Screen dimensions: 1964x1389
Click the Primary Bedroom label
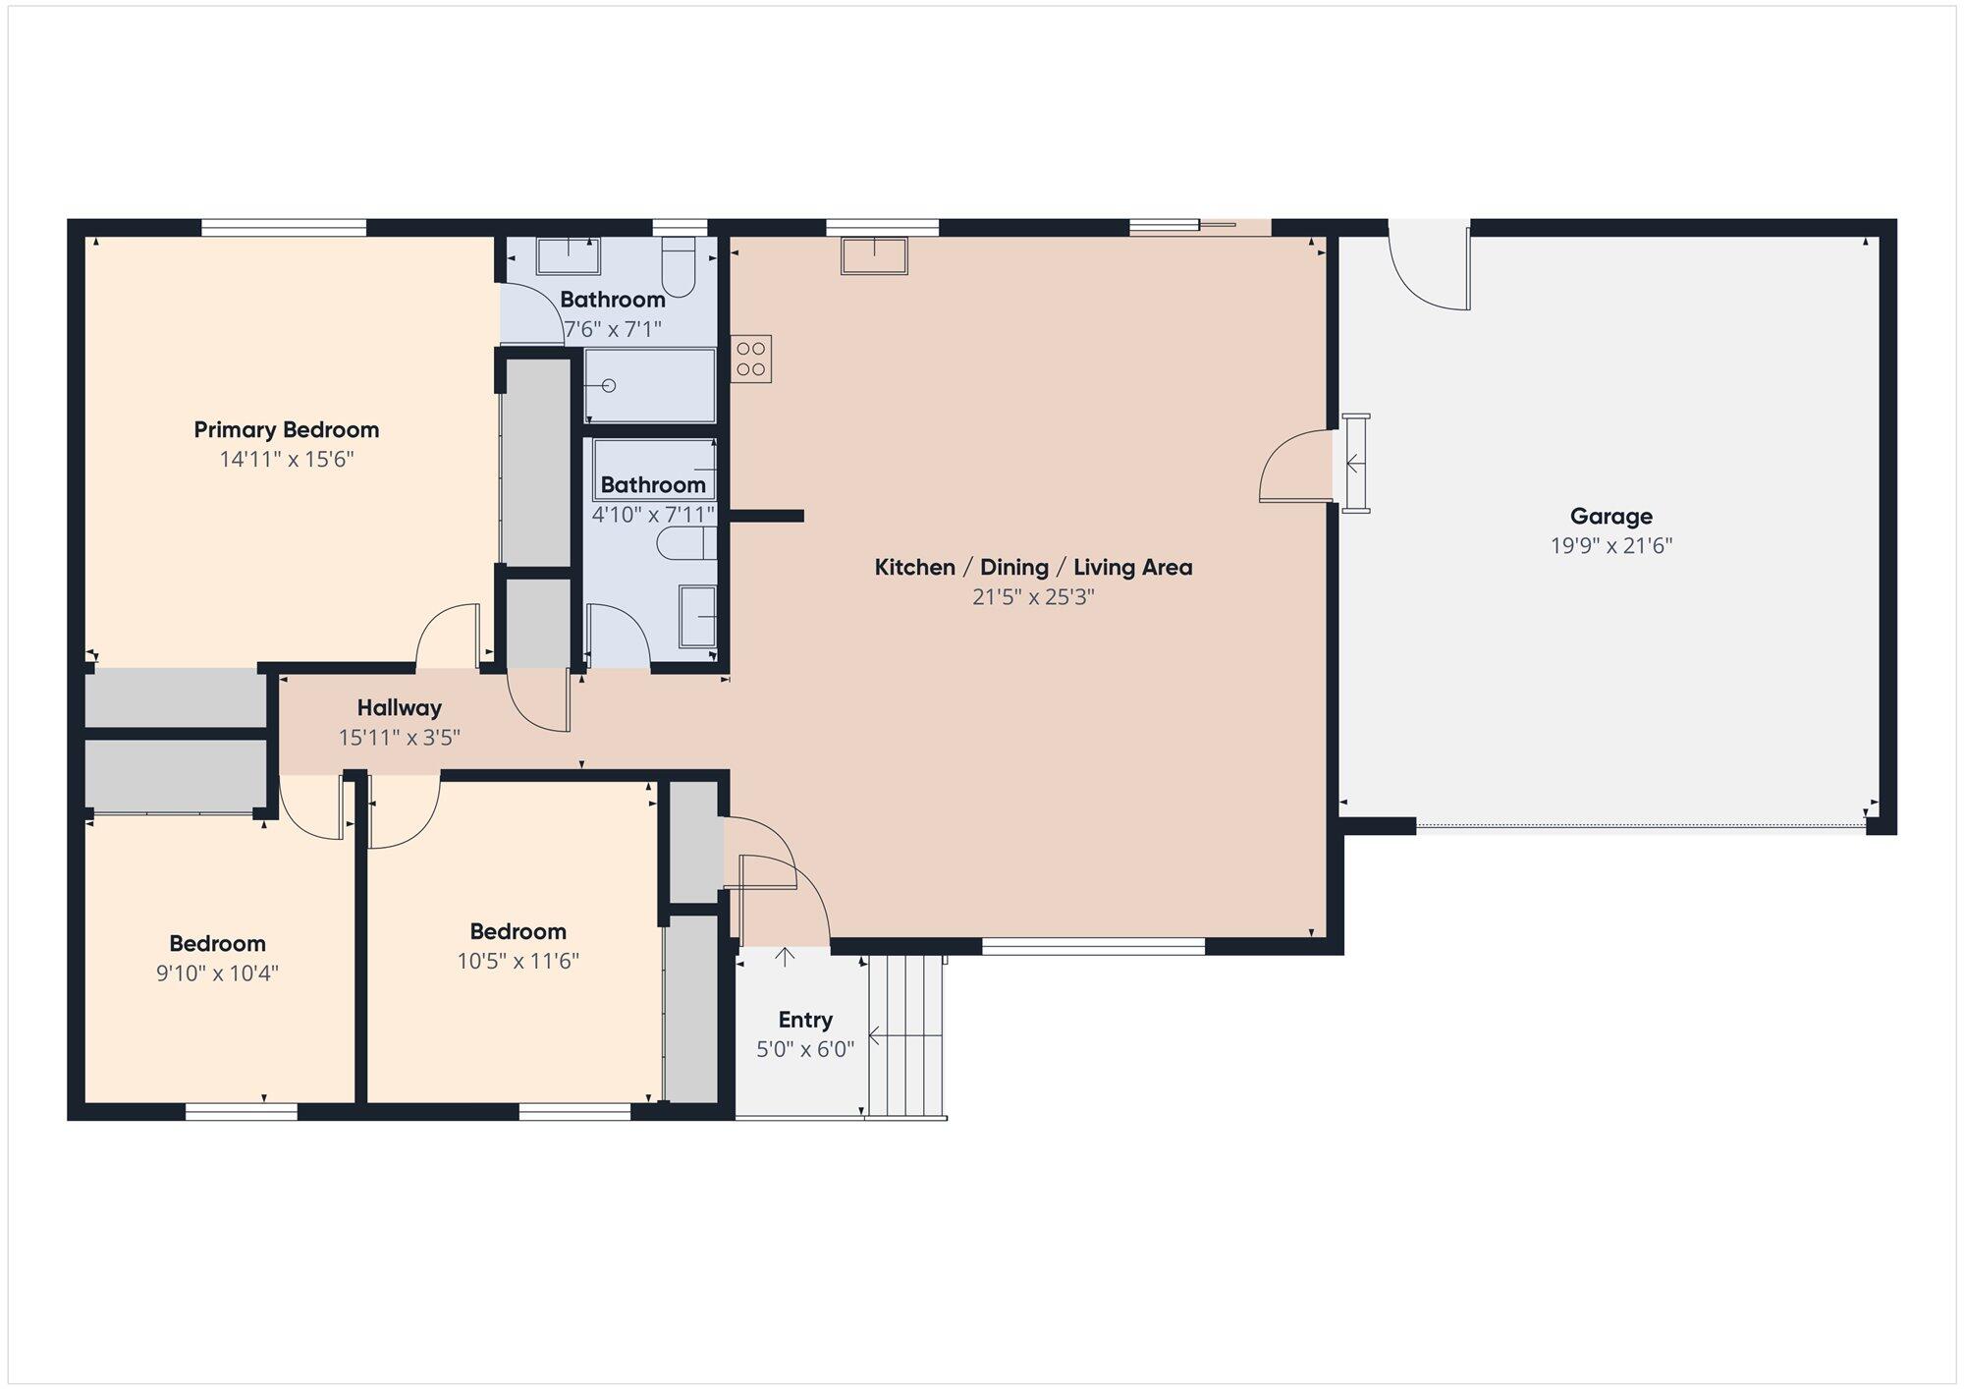[x=286, y=430]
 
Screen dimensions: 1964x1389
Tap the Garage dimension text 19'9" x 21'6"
[x=1610, y=546]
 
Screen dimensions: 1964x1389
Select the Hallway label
[x=399, y=708]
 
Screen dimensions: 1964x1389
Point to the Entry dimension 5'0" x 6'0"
[x=805, y=1050]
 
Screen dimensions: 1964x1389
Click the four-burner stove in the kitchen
[x=751, y=359]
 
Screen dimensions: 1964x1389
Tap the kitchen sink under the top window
[x=874, y=255]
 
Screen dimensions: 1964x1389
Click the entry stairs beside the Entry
[x=906, y=1036]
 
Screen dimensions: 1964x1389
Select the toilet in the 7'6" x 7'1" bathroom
[x=679, y=265]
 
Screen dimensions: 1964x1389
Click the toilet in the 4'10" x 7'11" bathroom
[x=686, y=543]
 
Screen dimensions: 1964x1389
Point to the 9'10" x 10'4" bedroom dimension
[x=217, y=973]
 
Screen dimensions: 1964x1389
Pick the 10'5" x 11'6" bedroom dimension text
[x=518, y=961]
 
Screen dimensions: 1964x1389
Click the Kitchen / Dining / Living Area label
[x=1033, y=568]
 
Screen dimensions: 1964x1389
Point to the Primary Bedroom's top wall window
[x=284, y=228]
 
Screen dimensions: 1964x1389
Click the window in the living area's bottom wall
[x=1093, y=947]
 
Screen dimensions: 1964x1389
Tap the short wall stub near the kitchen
[x=767, y=516]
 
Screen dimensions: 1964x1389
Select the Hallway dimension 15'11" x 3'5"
[x=399, y=738]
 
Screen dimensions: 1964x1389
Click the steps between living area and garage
[x=1356, y=464]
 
